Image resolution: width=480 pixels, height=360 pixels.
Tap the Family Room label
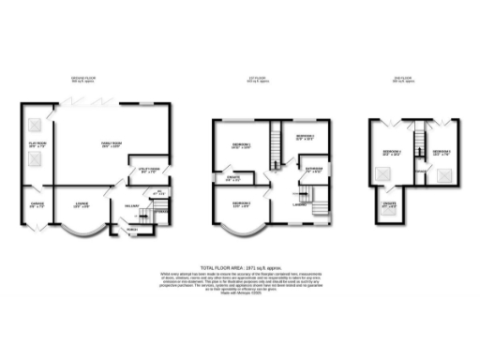point(112,142)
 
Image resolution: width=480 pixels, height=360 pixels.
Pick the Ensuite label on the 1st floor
point(235,178)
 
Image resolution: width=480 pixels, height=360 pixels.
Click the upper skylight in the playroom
point(34,124)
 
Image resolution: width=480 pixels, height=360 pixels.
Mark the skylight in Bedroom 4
point(383,173)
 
